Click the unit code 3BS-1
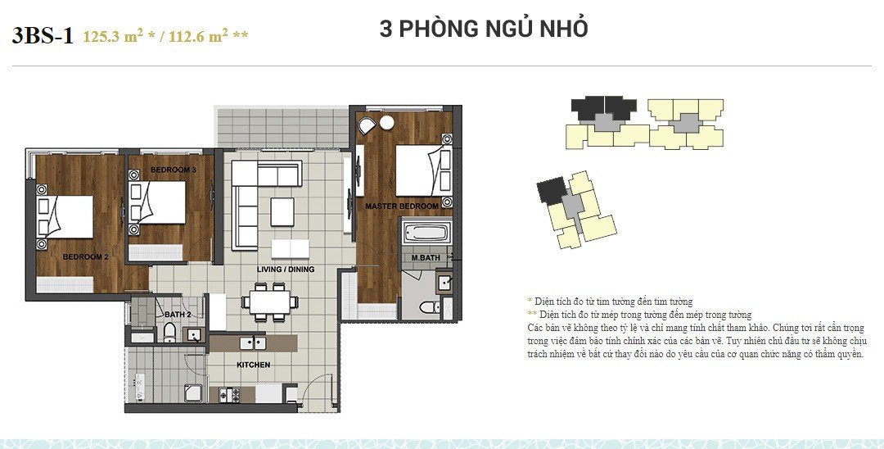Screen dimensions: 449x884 [x=43, y=35]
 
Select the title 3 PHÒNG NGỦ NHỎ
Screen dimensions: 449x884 [x=483, y=29]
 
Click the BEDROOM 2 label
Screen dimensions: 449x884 [x=85, y=256]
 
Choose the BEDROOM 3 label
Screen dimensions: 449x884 [x=173, y=170]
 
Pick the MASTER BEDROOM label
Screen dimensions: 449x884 [x=401, y=206]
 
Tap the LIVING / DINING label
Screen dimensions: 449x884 [x=285, y=269]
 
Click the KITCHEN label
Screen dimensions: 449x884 [x=253, y=365]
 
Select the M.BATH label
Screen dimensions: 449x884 [x=426, y=258]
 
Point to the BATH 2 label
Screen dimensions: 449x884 [x=178, y=314]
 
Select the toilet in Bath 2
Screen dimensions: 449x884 [x=169, y=332]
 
